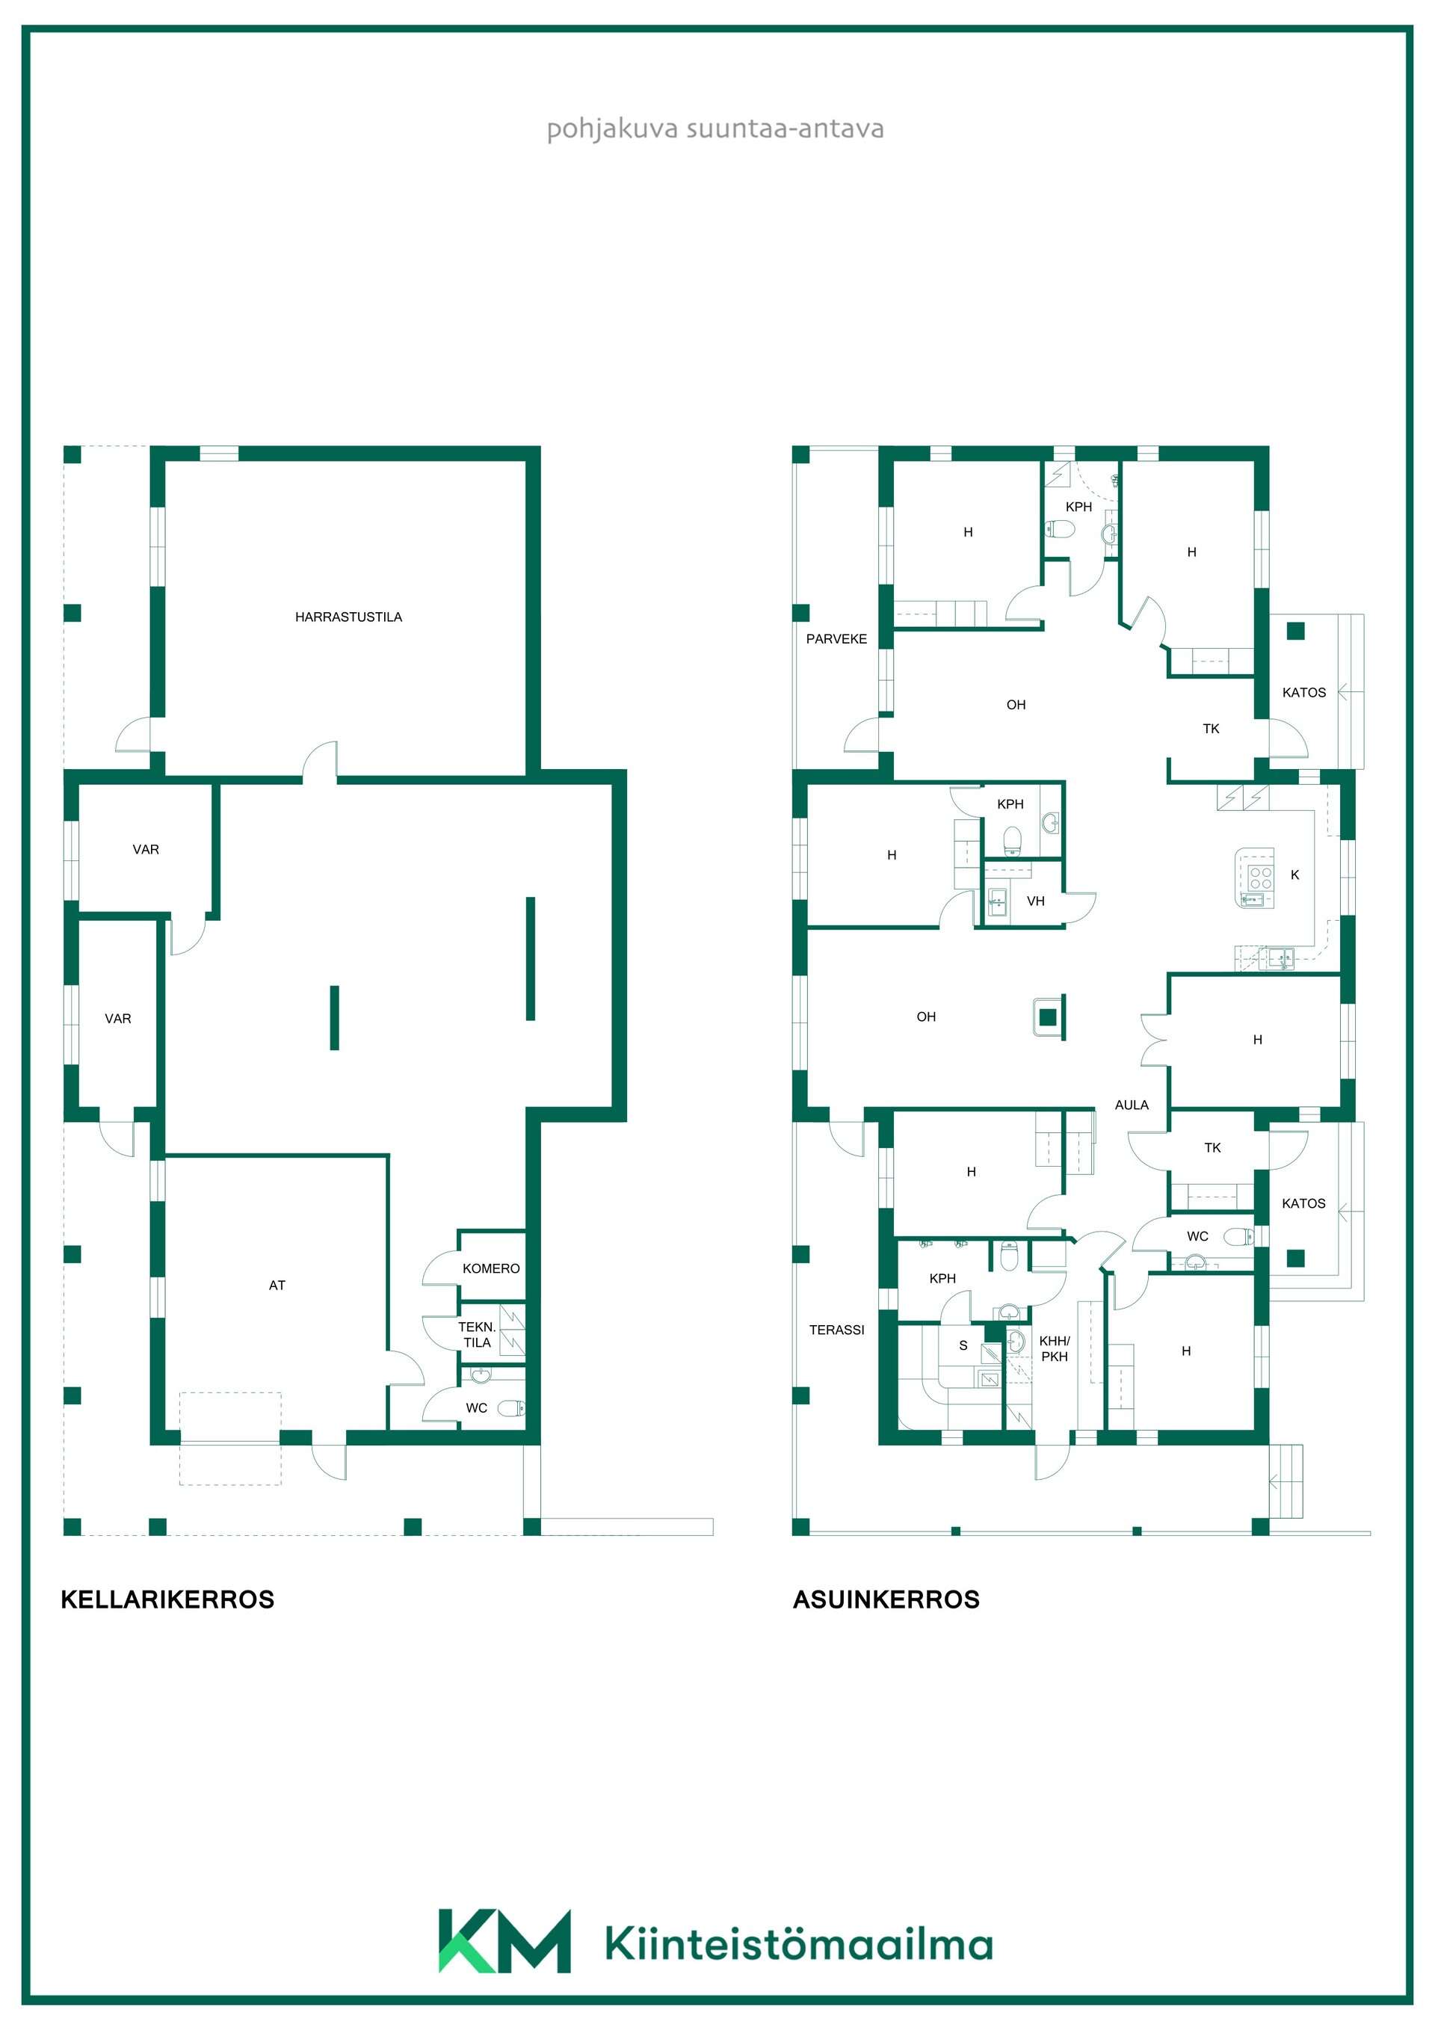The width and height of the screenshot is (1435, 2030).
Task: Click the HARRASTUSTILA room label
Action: (x=348, y=617)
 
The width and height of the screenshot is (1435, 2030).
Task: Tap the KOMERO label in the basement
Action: (x=491, y=1269)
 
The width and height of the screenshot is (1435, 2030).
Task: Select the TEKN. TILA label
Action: (x=477, y=1334)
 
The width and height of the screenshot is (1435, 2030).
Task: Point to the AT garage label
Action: (x=277, y=1286)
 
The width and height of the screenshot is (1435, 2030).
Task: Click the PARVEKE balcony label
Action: (x=836, y=639)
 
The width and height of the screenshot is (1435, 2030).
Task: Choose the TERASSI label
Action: (x=836, y=1330)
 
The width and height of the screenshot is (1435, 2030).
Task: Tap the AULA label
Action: (x=1132, y=1105)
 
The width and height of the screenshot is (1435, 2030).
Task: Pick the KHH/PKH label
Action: (x=1054, y=1348)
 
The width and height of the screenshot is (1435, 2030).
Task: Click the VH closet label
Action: (x=1035, y=901)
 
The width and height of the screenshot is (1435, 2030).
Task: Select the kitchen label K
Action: (x=1294, y=874)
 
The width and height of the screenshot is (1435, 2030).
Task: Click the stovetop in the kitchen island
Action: (x=1260, y=877)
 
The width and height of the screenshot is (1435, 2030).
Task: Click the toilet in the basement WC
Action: (x=511, y=1408)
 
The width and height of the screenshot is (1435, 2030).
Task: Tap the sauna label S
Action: (x=963, y=1345)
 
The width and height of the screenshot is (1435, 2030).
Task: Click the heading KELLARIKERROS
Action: (x=167, y=1599)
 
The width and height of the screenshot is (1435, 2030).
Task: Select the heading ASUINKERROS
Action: (x=886, y=1599)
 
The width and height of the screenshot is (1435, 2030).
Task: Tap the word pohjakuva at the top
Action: (x=613, y=130)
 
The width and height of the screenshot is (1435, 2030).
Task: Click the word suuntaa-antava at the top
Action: (x=785, y=129)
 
